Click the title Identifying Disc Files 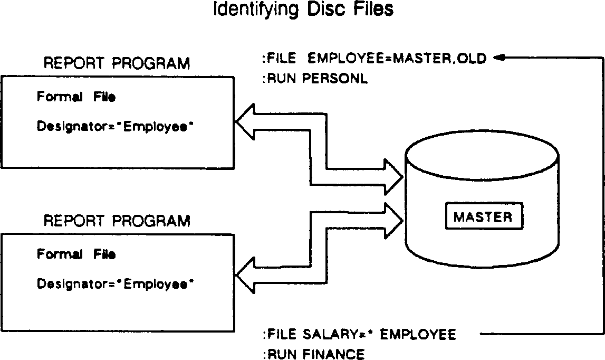pos(303,10)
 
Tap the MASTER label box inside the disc pos(483,217)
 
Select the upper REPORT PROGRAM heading pos(117,64)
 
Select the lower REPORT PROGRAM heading pos(117,220)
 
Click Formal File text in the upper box pos(76,97)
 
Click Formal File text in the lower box pos(76,254)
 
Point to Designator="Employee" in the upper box pos(113,127)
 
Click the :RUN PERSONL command pos(314,80)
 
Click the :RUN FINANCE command pos(313,354)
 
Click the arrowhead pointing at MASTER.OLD pos(500,58)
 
